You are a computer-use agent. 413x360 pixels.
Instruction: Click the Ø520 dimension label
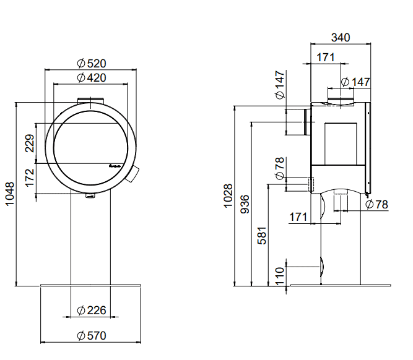(x=91, y=63)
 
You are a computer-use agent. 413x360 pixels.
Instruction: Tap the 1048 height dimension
(x=9, y=195)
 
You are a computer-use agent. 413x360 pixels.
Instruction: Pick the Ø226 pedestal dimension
(x=91, y=310)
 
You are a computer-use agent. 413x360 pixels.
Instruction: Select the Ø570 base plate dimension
(x=91, y=336)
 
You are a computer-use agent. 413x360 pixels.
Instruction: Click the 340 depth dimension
(x=340, y=37)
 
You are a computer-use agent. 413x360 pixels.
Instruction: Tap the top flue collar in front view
(x=91, y=101)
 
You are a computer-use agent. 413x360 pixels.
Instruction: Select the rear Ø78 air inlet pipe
(x=305, y=184)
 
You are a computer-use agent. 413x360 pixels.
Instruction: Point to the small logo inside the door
(x=114, y=165)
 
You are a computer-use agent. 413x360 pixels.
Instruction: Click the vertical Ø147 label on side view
(x=279, y=85)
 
